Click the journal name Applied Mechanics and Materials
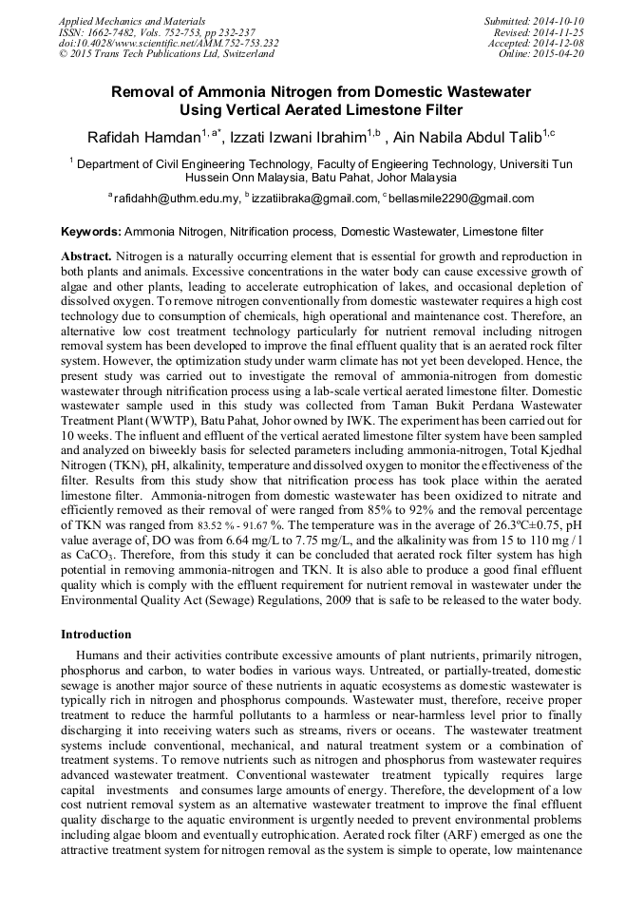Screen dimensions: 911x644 click(131, 20)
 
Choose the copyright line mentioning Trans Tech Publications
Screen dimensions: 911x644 click(166, 54)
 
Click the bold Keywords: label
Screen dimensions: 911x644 click(91, 231)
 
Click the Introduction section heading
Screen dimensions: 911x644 click(97, 634)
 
